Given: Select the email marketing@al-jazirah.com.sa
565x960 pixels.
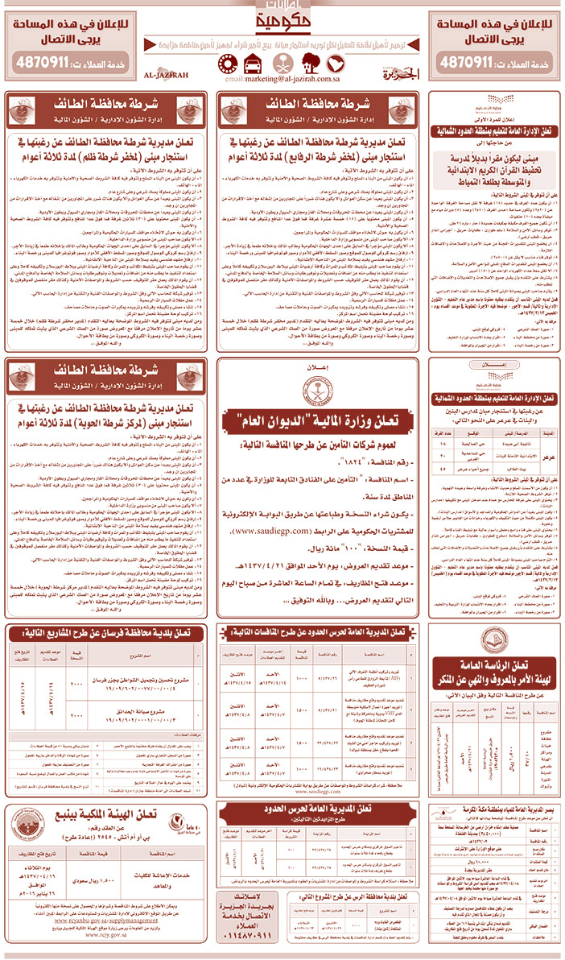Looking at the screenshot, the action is [x=282, y=81].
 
